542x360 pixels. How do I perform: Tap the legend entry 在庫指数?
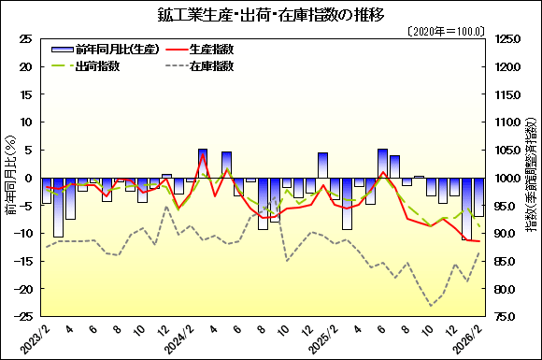[x=211, y=66]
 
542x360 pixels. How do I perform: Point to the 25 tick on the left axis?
[x=25, y=39]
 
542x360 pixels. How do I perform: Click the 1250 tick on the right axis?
[x=506, y=39]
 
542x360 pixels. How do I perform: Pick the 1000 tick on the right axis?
[x=506, y=178]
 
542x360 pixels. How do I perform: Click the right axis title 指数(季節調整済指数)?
[x=532, y=178]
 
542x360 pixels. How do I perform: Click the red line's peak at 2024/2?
[x=203, y=155]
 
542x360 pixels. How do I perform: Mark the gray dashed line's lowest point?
[x=432, y=306]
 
